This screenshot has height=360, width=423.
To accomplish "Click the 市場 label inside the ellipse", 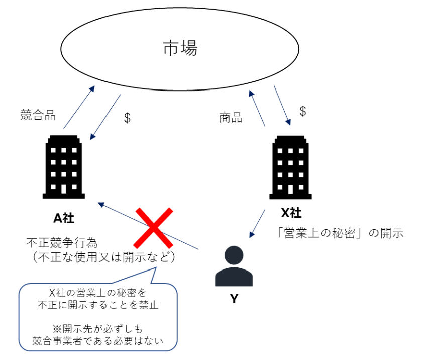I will click(x=180, y=48).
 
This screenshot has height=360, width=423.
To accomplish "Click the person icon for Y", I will click(x=233, y=266).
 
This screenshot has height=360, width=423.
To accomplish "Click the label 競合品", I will click(x=38, y=114).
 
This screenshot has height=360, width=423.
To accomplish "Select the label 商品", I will click(x=231, y=118).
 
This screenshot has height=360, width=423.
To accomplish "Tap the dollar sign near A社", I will click(x=127, y=118).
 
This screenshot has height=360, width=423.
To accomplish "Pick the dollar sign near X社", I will click(x=302, y=111).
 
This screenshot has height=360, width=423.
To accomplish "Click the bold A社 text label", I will click(x=64, y=217).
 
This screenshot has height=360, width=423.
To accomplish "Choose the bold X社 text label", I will click(x=291, y=213).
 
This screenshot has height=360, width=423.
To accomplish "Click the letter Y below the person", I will click(x=234, y=299).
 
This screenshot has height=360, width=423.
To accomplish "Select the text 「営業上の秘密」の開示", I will click(x=340, y=233).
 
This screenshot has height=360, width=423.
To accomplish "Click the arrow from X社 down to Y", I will click(x=258, y=222).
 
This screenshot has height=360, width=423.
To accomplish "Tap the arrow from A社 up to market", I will click(x=79, y=107).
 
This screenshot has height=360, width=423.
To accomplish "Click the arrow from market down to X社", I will click(x=282, y=105).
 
